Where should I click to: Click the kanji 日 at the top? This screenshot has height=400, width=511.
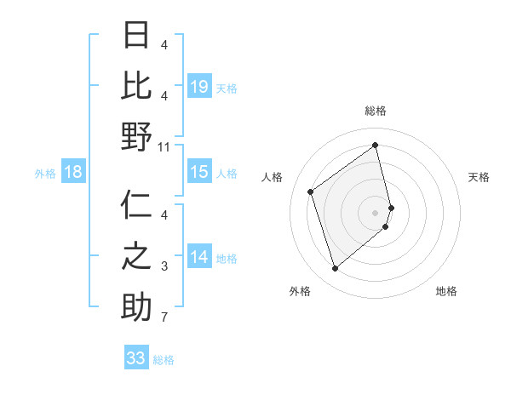coord(136,36)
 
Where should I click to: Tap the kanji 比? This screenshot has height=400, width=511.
coord(136,86)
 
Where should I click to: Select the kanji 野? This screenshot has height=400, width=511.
coord(136,136)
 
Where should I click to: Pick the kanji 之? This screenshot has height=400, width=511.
coord(136,257)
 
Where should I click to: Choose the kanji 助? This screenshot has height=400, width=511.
coord(136,307)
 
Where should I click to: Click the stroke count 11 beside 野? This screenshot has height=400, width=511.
coord(164,146)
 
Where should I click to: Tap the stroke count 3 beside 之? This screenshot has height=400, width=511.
coord(164,267)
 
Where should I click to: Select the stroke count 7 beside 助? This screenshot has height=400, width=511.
coord(164,317)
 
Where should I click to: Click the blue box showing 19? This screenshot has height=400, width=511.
coord(199,86)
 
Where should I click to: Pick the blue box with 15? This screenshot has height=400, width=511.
coord(199,172)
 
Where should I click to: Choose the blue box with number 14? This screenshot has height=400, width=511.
coord(199,257)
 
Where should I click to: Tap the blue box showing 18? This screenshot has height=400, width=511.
coord(73,172)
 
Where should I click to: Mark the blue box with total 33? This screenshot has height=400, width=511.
coord(136,357)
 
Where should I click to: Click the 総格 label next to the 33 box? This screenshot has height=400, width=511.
coord(164,359)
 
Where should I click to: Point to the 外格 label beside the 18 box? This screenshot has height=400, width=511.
coord(45,174)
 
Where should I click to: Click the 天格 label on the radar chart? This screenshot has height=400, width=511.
coord(479,177)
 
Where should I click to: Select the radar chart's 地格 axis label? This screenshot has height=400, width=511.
coord(446,291)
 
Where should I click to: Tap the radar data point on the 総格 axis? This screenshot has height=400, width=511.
coord(376,145)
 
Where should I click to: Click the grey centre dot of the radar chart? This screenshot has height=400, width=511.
coord(376,211)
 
